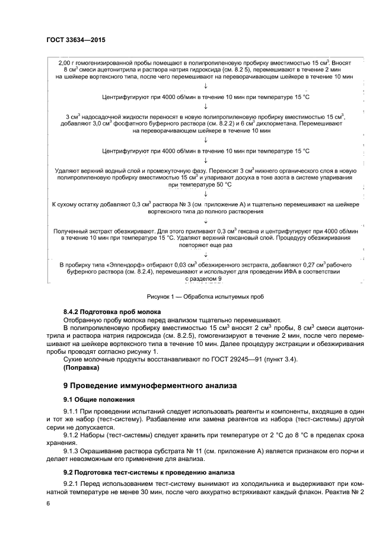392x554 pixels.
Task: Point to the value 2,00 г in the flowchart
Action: click(69, 62)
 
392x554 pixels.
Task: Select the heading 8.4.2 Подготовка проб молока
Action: click(112, 312)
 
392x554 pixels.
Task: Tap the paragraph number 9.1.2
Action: click(71, 434)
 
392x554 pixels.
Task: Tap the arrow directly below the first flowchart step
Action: click(205, 85)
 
